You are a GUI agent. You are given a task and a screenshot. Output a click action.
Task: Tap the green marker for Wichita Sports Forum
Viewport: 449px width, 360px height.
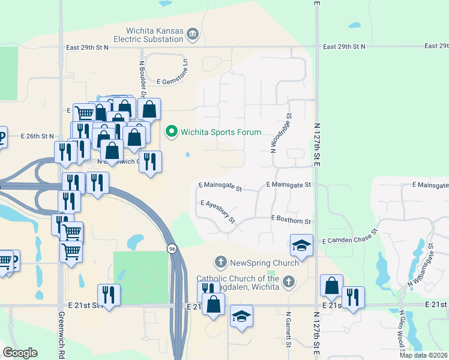[x=172, y=131]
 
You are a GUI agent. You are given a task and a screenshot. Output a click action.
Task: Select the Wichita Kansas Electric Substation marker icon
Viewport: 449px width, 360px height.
[x=192, y=34]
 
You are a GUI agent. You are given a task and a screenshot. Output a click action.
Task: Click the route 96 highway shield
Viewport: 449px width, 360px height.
[x=172, y=248]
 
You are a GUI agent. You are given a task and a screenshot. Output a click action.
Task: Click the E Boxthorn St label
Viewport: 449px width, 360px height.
[x=291, y=221]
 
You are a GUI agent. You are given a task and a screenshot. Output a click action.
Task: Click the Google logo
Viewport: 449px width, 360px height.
[x=20, y=353]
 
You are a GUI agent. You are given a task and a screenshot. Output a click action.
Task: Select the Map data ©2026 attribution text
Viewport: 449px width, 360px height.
[x=423, y=355]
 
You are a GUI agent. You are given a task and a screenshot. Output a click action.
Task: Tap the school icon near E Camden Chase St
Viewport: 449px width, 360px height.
[x=301, y=245]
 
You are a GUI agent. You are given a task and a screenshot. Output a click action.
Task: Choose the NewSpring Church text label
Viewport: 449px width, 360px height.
[x=264, y=263]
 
